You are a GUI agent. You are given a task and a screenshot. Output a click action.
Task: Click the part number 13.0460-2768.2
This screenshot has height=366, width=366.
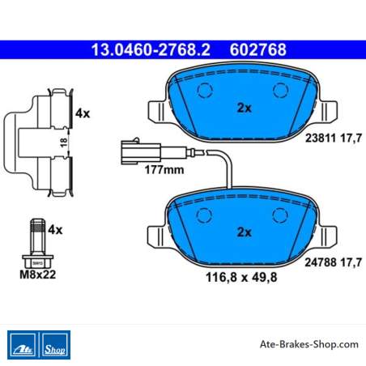point(151,49)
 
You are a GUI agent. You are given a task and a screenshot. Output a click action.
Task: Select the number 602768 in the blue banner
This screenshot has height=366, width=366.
point(258,49)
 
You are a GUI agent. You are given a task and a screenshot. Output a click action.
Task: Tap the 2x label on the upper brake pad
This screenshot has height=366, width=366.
point(244,108)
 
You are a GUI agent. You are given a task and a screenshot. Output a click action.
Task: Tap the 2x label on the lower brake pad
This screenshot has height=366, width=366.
point(244,232)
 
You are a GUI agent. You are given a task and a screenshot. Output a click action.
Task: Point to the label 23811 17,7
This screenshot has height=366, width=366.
point(334,138)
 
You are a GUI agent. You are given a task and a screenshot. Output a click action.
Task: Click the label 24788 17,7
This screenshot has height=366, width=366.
point(334,262)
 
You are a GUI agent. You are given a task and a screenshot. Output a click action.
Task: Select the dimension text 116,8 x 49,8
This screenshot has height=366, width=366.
point(241,277)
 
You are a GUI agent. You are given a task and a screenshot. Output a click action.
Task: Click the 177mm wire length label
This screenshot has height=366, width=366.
point(164,170)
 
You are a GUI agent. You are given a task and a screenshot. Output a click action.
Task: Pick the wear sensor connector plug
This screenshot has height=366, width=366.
point(141,151)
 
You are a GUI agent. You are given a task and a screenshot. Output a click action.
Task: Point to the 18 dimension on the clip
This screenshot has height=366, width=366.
point(64,143)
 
